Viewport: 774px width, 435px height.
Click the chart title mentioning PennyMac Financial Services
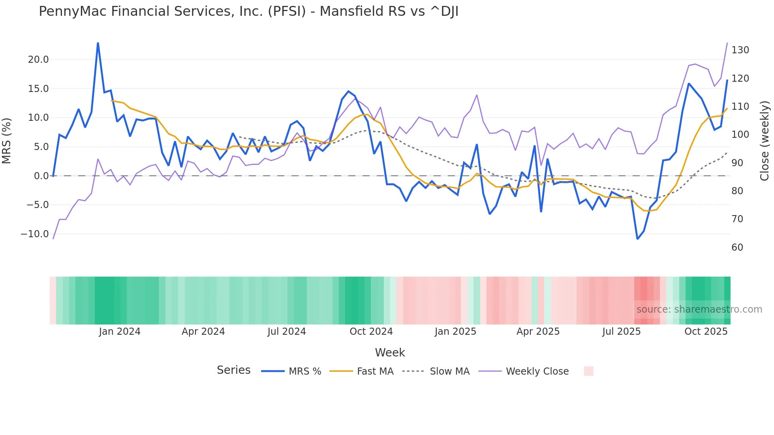(248, 11)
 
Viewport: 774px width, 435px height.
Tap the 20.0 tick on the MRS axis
(38, 60)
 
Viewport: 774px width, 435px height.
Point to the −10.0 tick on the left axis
(35, 234)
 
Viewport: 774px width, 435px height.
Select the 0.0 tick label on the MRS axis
(41, 176)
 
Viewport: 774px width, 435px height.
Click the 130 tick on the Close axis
(740, 50)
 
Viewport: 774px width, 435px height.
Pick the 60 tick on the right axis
(737, 247)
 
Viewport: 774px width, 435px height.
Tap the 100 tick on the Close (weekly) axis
(740, 135)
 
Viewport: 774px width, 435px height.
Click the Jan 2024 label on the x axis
(120, 332)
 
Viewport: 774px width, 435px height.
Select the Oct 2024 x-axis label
(371, 332)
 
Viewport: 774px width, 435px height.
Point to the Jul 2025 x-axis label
(621, 332)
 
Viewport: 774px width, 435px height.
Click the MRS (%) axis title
(7, 141)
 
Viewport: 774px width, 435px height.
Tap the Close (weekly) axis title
(765, 141)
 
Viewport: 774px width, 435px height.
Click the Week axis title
(390, 352)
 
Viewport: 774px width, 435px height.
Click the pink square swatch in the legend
(588, 371)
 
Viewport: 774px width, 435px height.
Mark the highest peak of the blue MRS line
(98, 43)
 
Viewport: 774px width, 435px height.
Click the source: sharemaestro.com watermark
(699, 309)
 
